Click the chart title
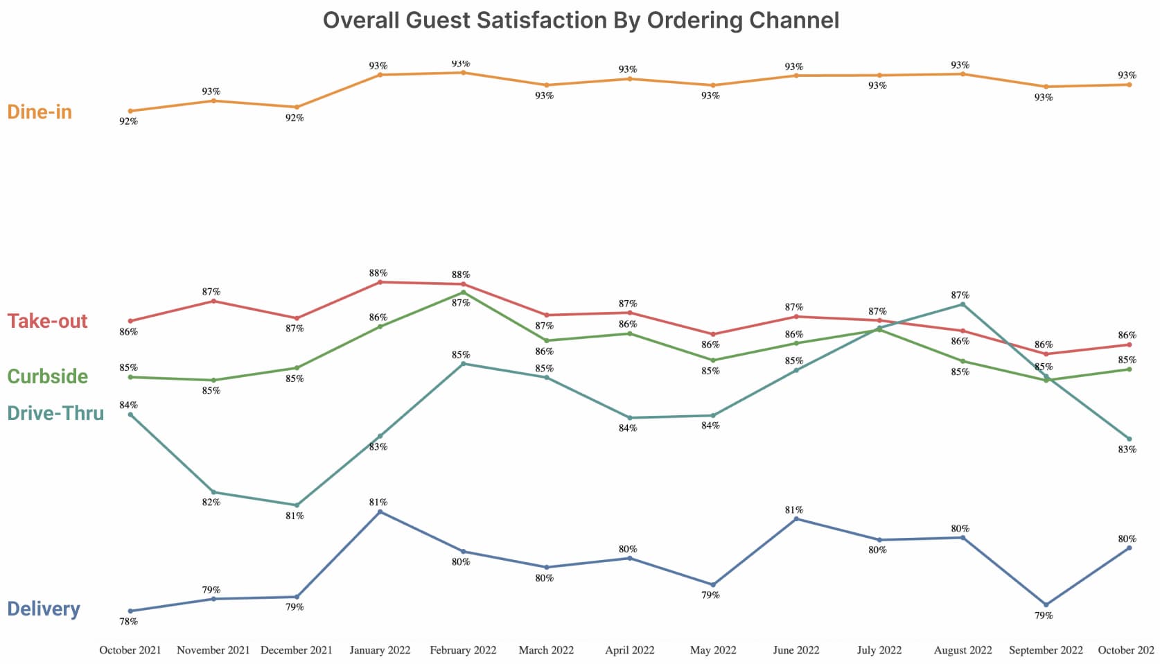coord(581,20)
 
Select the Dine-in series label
coord(39,112)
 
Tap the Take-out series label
coord(47,321)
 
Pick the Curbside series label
coord(47,376)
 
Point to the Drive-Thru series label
coord(55,413)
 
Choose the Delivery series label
coord(44,609)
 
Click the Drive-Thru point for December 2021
coord(297,505)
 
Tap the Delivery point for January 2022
coord(380,512)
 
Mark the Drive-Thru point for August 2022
coord(963,304)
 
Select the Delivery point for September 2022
coord(1046,604)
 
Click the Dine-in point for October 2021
coord(130,111)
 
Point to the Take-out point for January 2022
coord(380,282)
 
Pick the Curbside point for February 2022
coord(463,292)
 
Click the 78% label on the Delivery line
coord(128,622)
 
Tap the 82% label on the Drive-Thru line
coord(211,503)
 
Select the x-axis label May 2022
coord(713,650)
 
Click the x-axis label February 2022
coord(463,650)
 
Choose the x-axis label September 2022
coord(1046,650)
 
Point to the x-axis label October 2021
coord(130,650)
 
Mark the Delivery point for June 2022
coord(796,518)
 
